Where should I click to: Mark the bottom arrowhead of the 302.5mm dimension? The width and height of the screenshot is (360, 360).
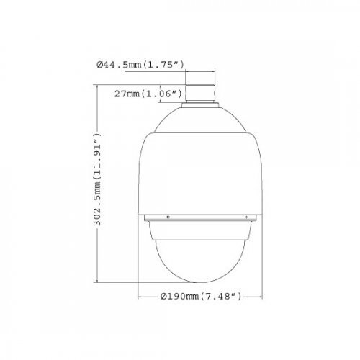pos(106,282)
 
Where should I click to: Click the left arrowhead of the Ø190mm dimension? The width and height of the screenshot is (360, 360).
pos(139,294)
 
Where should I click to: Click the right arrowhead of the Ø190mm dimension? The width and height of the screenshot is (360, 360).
pos(262,294)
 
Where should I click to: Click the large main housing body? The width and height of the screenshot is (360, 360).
pos(201,173)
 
